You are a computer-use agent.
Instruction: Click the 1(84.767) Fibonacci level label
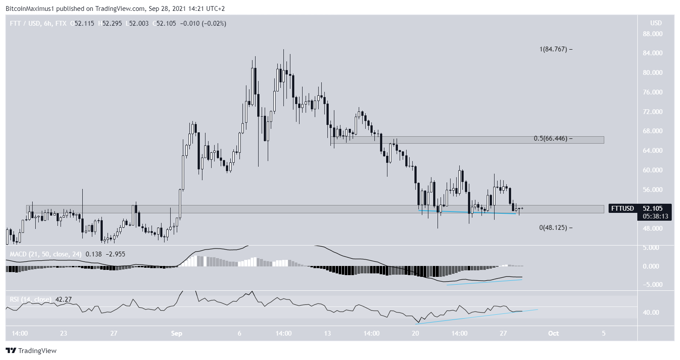(x=553, y=49)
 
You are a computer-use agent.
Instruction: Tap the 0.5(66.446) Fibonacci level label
(x=550, y=139)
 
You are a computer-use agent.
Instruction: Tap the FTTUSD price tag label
(x=623, y=209)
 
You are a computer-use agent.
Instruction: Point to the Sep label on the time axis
(x=176, y=333)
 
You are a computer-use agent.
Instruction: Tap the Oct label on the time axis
(x=553, y=333)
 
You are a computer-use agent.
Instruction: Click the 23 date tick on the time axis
(x=64, y=333)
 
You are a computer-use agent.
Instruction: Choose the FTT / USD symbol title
(x=21, y=24)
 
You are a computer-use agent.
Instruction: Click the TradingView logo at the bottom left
(x=31, y=350)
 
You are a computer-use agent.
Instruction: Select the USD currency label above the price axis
(x=656, y=23)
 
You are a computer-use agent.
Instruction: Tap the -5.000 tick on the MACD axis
(x=651, y=285)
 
